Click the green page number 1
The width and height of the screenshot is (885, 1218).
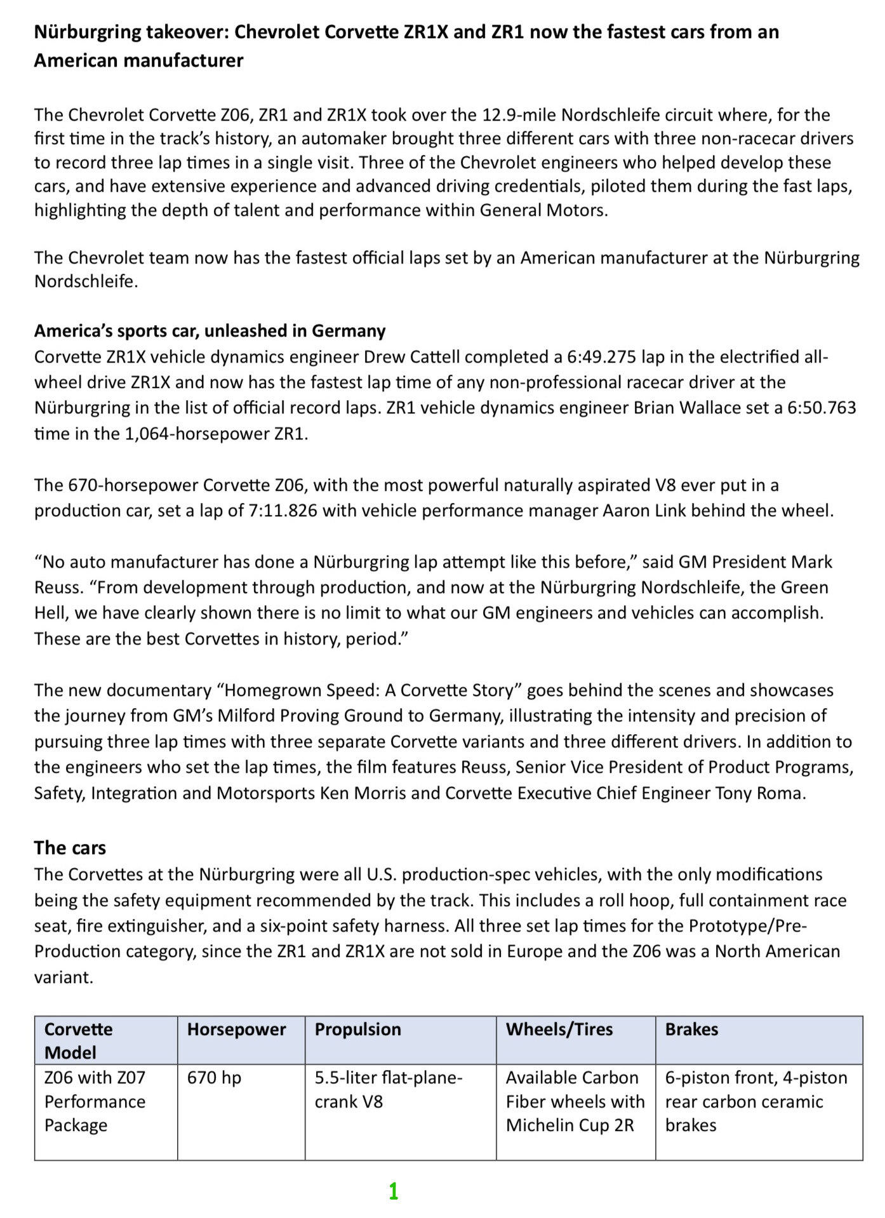[394, 1191]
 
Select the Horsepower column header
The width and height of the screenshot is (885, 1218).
[236, 1029]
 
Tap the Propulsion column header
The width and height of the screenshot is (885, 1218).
[357, 1029]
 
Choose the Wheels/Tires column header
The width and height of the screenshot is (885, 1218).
[559, 1029]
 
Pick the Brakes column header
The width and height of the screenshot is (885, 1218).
[691, 1029]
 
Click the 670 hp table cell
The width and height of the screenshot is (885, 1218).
[214, 1078]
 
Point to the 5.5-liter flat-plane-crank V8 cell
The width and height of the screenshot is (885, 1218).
[388, 1090]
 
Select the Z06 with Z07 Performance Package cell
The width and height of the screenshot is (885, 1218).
[95, 1102]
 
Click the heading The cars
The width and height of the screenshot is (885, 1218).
[70, 848]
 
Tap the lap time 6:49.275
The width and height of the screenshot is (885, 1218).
[601, 357]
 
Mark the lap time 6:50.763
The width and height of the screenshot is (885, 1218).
[822, 408]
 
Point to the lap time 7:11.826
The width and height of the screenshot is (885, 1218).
[283, 511]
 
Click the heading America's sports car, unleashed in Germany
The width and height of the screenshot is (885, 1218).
[210, 331]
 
